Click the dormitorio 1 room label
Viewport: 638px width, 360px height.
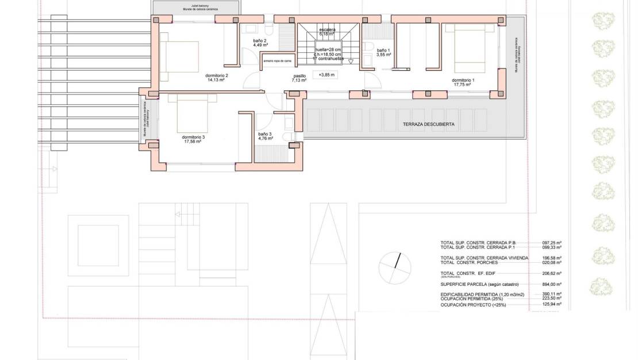463,81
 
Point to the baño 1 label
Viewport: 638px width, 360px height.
383,51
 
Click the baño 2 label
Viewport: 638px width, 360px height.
260,41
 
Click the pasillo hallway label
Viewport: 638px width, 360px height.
299,76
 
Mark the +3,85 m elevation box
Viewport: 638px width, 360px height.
325,75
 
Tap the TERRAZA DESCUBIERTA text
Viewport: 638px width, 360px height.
429,124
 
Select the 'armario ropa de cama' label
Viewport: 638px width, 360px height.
277,60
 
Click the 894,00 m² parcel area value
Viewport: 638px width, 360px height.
552,284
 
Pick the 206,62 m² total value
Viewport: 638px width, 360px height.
552,273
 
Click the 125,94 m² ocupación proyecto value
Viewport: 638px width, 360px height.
552,305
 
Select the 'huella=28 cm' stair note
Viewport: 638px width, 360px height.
328,49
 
